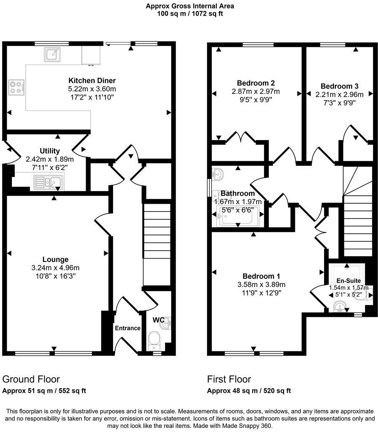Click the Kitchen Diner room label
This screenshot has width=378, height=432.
92,81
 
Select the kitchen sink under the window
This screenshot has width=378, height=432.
52,54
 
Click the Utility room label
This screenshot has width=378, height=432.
50,151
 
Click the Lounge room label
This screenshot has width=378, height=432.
55,259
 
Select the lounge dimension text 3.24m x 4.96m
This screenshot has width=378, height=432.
55,267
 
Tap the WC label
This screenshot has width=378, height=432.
158,320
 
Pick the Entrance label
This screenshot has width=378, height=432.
127,328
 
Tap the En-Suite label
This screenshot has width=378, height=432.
348,281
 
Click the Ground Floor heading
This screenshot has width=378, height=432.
31,379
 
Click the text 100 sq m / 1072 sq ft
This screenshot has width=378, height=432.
189,13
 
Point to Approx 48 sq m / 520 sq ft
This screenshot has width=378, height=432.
249,391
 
